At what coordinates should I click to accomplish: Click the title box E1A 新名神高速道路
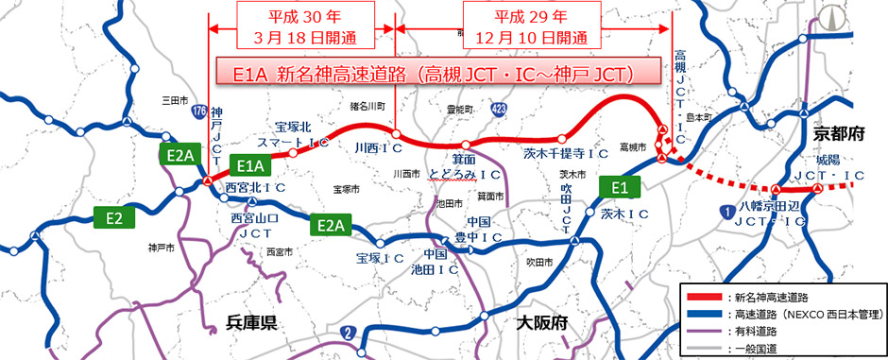[x=421, y=73]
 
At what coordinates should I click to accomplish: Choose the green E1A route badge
[x=249, y=165]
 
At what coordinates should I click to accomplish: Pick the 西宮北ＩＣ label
[x=256, y=187]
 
